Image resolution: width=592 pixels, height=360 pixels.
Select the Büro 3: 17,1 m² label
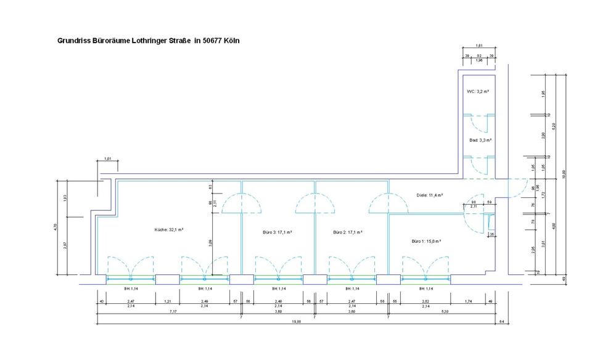[277, 232]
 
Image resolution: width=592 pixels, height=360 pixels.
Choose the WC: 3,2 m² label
[478, 91]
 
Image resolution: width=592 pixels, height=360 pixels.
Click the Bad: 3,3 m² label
[479, 140]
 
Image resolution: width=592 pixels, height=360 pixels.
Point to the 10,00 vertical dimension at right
[562, 176]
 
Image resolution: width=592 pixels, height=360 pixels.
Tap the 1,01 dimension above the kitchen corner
[107, 160]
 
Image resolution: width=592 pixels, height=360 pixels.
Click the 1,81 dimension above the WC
[479, 46]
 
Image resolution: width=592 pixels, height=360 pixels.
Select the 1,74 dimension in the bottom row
[469, 301]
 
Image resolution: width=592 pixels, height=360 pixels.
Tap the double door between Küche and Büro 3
[240, 203]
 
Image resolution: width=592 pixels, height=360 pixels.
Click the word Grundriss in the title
[73, 40]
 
